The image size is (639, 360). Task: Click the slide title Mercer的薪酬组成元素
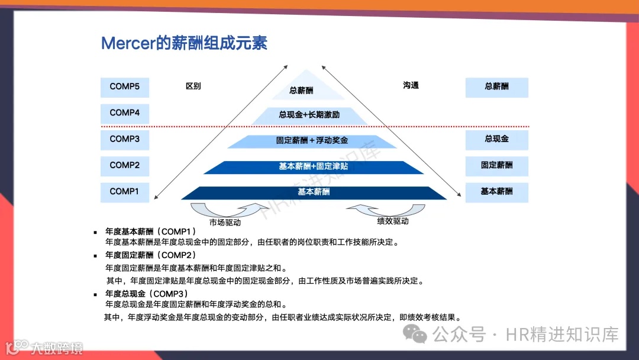pyautogui.click(x=184, y=43)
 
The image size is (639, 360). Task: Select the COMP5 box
pyautogui.click(x=125, y=87)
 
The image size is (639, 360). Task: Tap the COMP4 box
pyautogui.click(x=125, y=113)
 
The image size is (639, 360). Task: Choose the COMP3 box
pyautogui.click(x=125, y=140)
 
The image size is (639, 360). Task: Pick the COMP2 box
pyautogui.click(x=125, y=166)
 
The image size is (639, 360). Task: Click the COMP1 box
pyautogui.click(x=125, y=192)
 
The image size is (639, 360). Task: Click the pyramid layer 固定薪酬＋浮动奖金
pyautogui.click(x=312, y=141)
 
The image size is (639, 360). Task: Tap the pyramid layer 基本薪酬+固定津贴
pyautogui.click(x=313, y=167)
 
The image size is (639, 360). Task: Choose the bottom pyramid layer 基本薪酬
pyautogui.click(x=314, y=192)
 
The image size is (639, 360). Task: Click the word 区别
pyautogui.click(x=193, y=86)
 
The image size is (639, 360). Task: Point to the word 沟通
pyautogui.click(x=411, y=85)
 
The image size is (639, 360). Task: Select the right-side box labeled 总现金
pyautogui.click(x=496, y=140)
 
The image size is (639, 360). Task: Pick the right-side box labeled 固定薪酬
pyautogui.click(x=496, y=166)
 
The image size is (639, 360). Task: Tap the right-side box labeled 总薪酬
pyautogui.click(x=496, y=87)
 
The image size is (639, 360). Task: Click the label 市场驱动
pyautogui.click(x=225, y=223)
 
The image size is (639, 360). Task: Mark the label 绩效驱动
pyautogui.click(x=393, y=221)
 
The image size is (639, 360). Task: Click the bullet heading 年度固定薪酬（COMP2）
pyautogui.click(x=150, y=255)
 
